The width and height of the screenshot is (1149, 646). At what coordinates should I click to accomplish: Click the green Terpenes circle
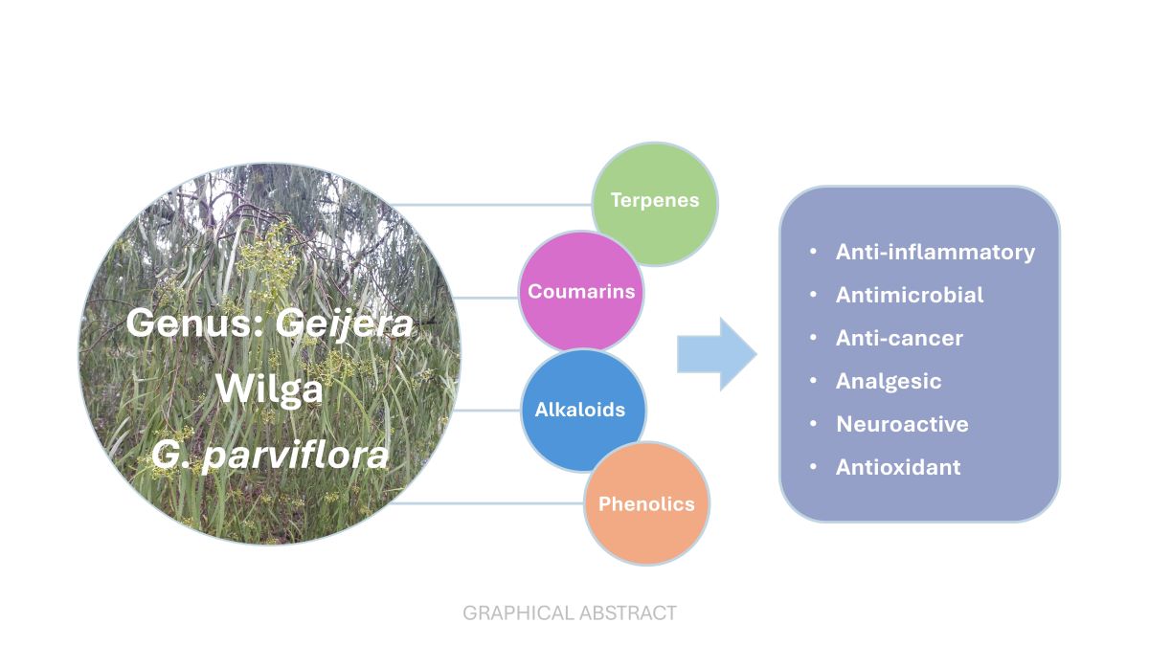655,202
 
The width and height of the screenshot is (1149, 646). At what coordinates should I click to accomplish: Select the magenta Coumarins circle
580,292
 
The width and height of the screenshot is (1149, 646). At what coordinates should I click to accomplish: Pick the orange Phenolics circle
646,503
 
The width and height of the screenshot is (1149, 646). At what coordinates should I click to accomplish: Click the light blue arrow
716,354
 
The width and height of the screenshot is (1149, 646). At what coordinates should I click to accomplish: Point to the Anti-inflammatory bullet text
935,252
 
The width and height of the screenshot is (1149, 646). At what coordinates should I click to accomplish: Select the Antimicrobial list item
909,295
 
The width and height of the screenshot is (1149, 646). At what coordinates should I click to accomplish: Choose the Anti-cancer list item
898,338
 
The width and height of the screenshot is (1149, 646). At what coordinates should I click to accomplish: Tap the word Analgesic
888,381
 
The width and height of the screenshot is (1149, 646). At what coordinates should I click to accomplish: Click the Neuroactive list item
901,424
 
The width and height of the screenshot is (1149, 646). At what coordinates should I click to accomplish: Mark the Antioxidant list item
897,467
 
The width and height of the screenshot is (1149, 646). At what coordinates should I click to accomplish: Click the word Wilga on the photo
269,389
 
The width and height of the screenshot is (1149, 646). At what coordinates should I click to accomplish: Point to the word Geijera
345,323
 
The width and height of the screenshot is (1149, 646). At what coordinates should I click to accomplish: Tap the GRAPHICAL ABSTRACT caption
570,613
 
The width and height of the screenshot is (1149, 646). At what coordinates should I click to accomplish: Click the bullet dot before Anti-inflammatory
814,252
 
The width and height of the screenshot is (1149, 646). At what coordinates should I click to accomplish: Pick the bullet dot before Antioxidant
814,467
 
